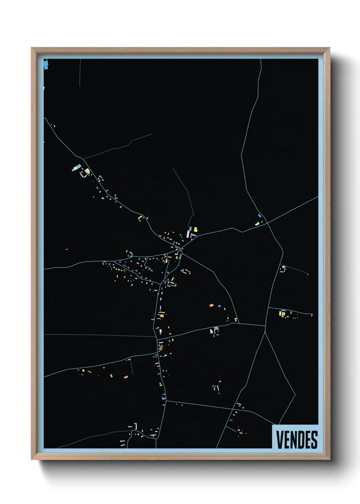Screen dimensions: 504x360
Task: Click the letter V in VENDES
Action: pyautogui.click(x=280, y=440)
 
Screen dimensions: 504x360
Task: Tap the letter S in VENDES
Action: pyautogui.click(x=314, y=440)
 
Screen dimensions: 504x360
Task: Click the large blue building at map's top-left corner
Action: pyautogui.click(x=46, y=65)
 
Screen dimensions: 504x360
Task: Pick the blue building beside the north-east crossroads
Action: pyautogui.click(x=260, y=216)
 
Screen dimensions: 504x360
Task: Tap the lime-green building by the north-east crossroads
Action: pyautogui.click(x=257, y=224)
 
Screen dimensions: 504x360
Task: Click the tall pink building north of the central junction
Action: pyautogui.click(x=188, y=234)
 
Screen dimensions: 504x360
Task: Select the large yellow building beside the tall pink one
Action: pyautogui.click(x=195, y=230)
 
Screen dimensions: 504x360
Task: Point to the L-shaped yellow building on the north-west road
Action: pyautogui.click(x=140, y=218)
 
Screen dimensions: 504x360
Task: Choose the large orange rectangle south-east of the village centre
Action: pyautogui.click(x=211, y=305)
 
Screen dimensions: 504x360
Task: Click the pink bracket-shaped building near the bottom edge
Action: pyautogui.click(x=135, y=426)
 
